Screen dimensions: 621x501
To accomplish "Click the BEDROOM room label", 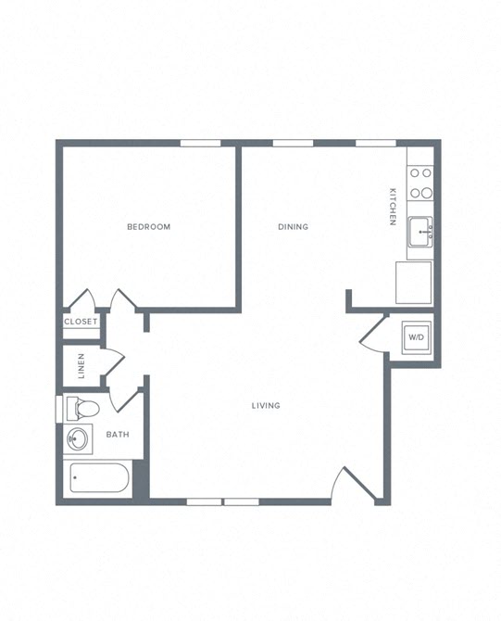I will point(148,227).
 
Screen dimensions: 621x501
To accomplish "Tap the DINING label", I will point(293,227).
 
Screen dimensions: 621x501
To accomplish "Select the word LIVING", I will point(266,406).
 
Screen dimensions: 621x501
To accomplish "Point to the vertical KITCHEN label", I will point(393,207).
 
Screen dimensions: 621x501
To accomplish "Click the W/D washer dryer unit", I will point(416,336).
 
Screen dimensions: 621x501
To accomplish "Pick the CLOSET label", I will point(81,322).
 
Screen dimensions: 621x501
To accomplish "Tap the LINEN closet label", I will point(81,366).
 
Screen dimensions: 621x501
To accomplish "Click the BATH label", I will point(118,435).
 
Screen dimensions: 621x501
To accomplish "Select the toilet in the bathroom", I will point(81,408).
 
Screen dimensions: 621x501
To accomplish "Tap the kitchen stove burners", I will point(420,183).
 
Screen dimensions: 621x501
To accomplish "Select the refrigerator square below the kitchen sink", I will point(413,283).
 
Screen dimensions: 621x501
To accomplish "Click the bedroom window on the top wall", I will point(200,143).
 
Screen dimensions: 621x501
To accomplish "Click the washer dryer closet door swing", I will point(371,335).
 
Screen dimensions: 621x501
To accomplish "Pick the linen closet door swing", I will point(112,361).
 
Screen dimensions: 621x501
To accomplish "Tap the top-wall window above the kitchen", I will point(376,143).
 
